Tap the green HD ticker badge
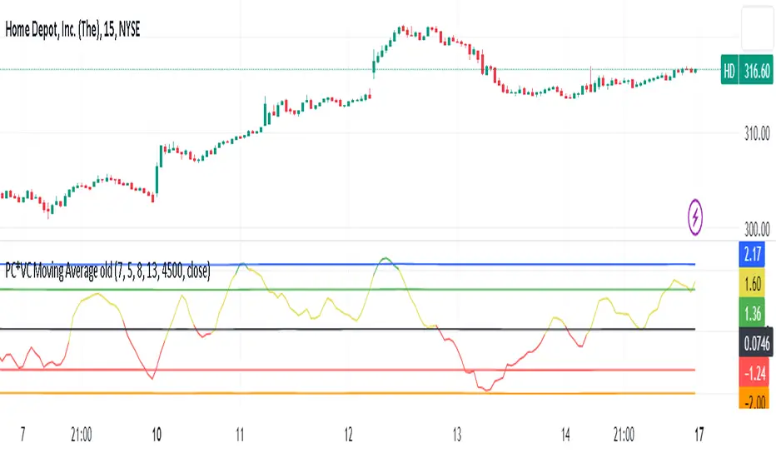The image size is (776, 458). [729, 72]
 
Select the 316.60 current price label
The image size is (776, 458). [757, 72]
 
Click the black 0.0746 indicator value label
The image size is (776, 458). [754, 341]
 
